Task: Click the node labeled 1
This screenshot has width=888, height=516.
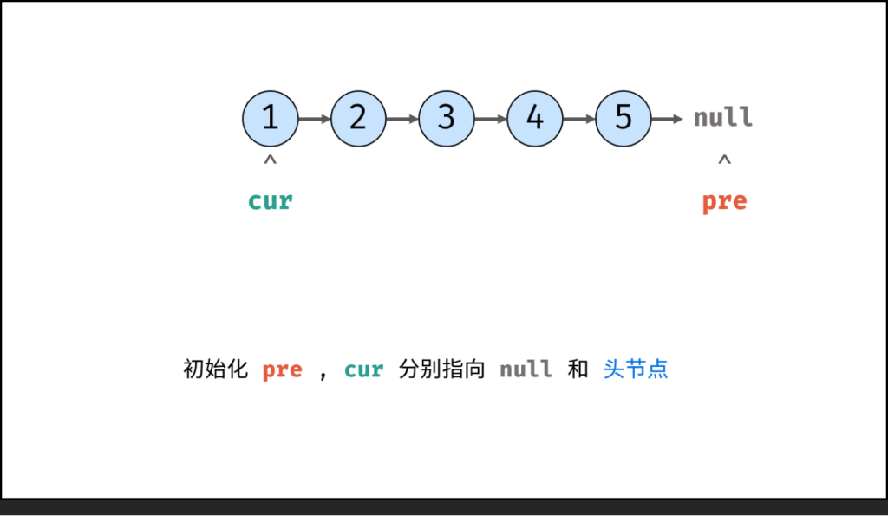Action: [x=271, y=118]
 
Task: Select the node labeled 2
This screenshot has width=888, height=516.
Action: [x=358, y=118]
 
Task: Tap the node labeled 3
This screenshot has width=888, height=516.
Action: [x=447, y=118]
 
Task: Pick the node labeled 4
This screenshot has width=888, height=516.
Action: [x=535, y=118]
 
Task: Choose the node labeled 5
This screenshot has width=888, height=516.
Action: [x=624, y=118]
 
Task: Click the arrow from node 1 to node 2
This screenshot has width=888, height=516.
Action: [x=314, y=118]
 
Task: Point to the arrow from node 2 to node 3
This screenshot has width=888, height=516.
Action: [x=402, y=118]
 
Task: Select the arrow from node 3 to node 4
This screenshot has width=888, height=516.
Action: [x=491, y=118]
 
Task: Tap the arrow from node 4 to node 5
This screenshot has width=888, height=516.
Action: [x=579, y=118]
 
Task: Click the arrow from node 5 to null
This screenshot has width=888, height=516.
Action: [x=668, y=118]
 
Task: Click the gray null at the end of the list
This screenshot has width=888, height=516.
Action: [x=723, y=118]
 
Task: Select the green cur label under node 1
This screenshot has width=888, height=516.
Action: [x=271, y=201]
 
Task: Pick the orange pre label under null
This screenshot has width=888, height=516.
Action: [x=724, y=201]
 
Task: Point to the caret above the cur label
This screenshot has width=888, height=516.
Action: [x=271, y=160]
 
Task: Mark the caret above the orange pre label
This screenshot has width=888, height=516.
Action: [x=724, y=160]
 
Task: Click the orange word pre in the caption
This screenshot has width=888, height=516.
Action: [x=283, y=369]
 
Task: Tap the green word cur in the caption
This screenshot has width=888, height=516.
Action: [x=364, y=369]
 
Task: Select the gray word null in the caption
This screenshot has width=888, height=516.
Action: [x=526, y=369]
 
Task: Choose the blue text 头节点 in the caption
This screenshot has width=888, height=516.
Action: [x=636, y=369]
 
